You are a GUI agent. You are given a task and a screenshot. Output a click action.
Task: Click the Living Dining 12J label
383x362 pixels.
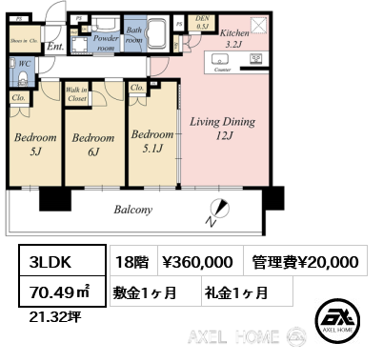(x=222, y=130)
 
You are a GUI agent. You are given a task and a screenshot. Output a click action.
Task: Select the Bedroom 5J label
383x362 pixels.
(x=33, y=144)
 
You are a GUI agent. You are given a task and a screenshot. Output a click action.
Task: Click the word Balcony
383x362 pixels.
(x=134, y=210)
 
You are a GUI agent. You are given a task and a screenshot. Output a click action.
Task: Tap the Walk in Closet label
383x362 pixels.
(x=78, y=92)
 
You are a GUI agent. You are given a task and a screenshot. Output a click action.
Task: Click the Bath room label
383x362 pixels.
(x=135, y=36)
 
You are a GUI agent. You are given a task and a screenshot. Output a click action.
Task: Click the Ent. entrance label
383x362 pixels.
(x=55, y=45)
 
